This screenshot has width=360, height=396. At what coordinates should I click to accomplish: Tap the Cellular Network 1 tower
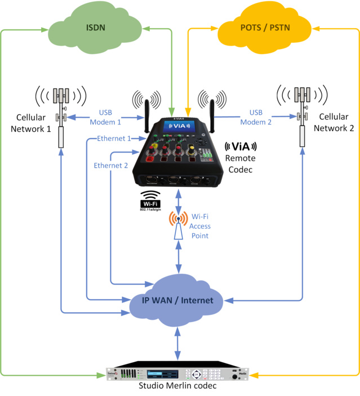click(x=61, y=113)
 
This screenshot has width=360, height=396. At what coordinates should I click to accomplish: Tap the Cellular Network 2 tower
click(x=303, y=113)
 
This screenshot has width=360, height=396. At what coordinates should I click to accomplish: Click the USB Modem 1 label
click(x=110, y=117)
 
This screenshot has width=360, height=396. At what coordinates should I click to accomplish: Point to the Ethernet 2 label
click(x=110, y=166)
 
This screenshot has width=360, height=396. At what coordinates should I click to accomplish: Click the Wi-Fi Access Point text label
click(x=200, y=225)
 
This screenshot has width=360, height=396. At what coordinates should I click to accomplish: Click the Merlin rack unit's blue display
click(x=163, y=373)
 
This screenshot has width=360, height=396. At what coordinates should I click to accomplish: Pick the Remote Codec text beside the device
click(x=240, y=163)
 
